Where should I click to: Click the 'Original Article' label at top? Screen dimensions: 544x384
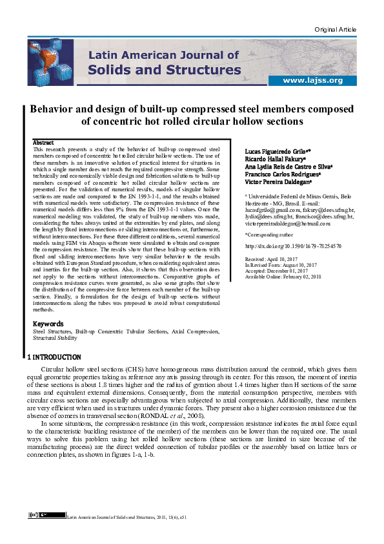coord(335,30)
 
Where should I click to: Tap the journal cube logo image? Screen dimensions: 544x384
coord(50,61)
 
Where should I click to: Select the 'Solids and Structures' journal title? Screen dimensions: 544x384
coord(164,69)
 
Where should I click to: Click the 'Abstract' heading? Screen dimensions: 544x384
coord(43,142)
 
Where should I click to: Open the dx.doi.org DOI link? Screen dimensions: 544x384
coord(294,246)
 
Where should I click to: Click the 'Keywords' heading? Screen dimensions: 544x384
coord(48,323)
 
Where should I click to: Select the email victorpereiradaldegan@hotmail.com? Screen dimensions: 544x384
coord(288,223)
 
